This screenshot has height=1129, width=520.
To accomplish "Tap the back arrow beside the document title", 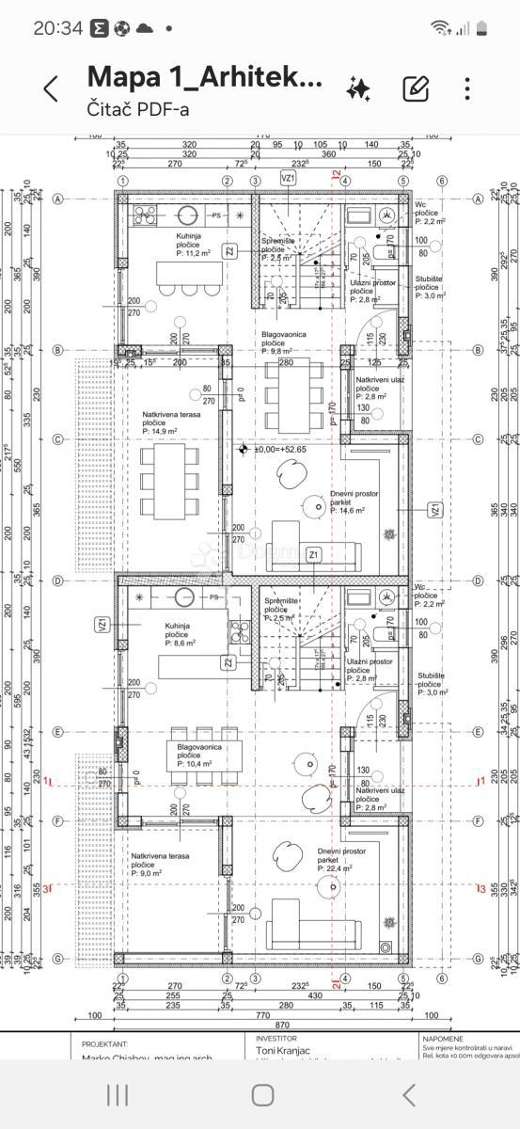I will [51, 88].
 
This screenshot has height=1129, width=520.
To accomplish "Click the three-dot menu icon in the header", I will [467, 88].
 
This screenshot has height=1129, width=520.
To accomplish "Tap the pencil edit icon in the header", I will [415, 88].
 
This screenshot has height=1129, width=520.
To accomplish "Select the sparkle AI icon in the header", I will [358, 89].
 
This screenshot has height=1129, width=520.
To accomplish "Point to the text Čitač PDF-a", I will [138, 109].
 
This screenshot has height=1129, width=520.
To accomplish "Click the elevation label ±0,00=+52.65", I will [287, 450].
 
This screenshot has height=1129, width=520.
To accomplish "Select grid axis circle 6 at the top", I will [442, 181].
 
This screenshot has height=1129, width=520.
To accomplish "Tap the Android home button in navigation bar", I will [262, 1094].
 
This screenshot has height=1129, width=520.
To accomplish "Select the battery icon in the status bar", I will [481, 28].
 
